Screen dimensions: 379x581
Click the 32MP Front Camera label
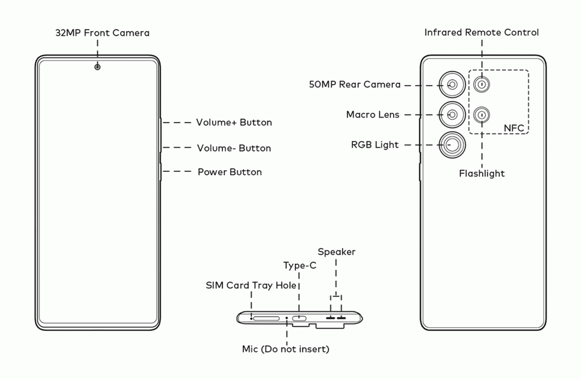click(102, 33)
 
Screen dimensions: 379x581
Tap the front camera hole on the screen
click(98, 67)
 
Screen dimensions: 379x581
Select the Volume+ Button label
click(234, 123)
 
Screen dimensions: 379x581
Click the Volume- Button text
click(234, 148)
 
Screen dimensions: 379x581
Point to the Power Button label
click(230, 172)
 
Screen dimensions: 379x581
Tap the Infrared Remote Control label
click(482, 32)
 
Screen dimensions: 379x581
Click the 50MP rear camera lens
click(452, 85)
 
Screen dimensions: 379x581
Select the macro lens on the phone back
click(452, 115)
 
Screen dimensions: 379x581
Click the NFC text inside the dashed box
click(514, 128)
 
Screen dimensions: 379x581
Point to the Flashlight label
click(482, 174)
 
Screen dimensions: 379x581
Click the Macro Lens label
click(373, 115)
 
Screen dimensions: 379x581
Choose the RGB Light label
click(375, 145)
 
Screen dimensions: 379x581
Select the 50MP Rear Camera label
click(355, 85)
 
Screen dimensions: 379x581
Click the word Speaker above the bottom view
click(336, 252)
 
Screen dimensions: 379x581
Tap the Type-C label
click(300, 266)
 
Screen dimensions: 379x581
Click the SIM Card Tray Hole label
click(251, 285)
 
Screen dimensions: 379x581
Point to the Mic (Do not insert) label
click(285, 349)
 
